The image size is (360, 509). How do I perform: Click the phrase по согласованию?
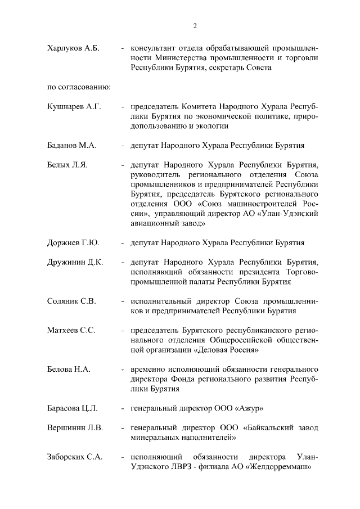coord(78,87)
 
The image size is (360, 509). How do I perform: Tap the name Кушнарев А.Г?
coord(74,107)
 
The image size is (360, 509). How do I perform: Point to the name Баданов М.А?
coord(72,146)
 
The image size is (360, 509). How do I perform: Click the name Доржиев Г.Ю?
coord(73,243)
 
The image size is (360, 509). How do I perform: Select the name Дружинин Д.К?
coord(75,262)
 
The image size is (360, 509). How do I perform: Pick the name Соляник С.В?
coord(71,301)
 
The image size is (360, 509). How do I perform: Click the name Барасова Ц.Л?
coord(73,408)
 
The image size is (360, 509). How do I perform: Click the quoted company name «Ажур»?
coord(249,408)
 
